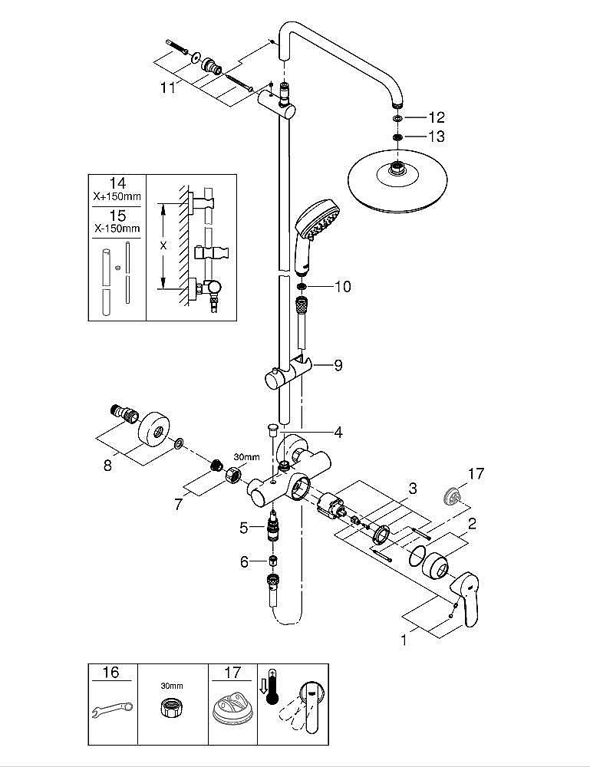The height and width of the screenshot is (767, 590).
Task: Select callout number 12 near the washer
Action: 436,117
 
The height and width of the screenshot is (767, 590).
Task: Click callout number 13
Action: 436,137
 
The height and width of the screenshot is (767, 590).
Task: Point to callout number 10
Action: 342,287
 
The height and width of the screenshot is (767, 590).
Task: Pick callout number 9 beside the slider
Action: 338,367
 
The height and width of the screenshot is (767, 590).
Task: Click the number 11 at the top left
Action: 168,87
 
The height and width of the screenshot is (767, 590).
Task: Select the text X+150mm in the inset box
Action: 117,197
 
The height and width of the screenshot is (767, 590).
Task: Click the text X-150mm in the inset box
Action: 117,229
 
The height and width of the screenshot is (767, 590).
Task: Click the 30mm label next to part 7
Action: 246,457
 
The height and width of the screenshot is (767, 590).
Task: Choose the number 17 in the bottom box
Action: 232,673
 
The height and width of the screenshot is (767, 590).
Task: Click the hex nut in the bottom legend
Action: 171,710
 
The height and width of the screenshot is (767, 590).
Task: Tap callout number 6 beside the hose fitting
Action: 245,562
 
